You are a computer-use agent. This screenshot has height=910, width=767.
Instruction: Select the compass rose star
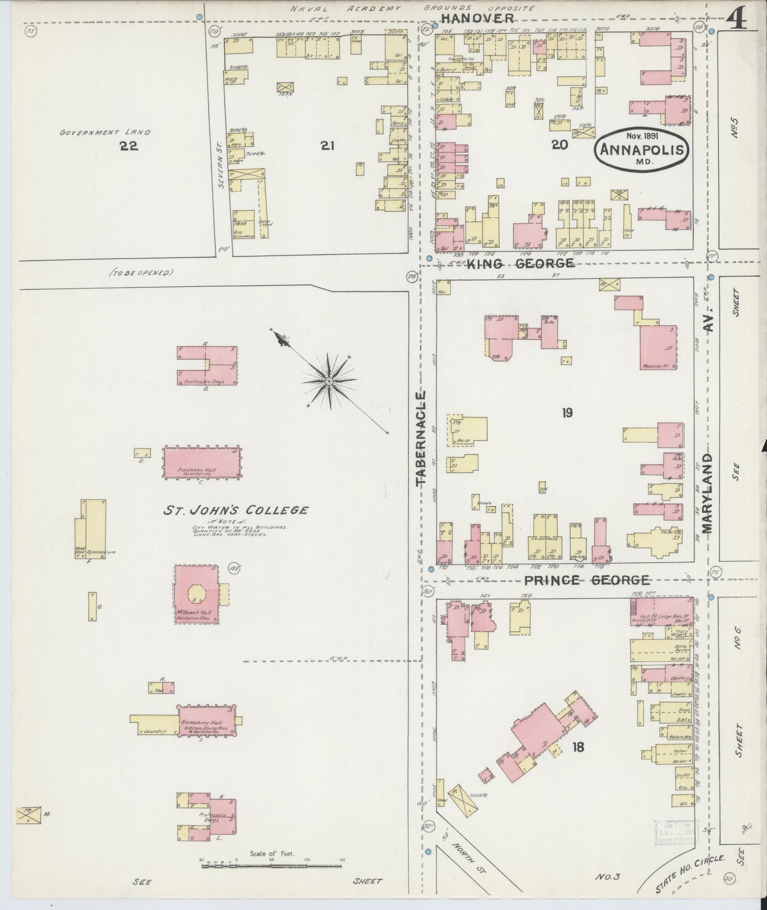coord(329,381)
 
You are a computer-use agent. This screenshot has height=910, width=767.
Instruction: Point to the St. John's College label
coord(235,511)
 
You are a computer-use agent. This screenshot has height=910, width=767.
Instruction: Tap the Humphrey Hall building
coord(206,720)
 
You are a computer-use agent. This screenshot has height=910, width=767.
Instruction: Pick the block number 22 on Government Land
coord(129,146)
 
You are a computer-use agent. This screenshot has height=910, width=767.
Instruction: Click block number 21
coord(327,145)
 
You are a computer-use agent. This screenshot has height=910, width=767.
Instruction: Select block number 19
coord(567,413)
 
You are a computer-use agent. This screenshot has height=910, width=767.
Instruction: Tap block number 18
coord(578,747)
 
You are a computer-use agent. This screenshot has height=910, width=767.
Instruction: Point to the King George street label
coord(520,263)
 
